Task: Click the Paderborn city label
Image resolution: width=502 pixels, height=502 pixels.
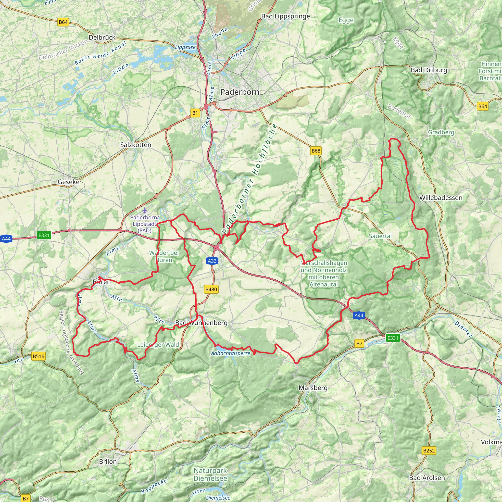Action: click(239, 92)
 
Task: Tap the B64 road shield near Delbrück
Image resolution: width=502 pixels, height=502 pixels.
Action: click(63, 22)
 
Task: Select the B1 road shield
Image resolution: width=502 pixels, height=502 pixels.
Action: click(195, 113)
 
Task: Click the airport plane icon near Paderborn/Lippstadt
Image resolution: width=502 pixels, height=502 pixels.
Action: click(145, 210)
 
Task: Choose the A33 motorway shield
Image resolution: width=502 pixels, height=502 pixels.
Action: click(212, 261)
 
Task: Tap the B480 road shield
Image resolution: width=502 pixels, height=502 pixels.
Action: click(211, 289)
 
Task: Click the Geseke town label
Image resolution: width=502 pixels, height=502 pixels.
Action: click(68, 182)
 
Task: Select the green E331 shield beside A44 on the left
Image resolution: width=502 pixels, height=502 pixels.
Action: click(44, 235)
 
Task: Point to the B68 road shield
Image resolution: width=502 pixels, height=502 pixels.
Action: click(316, 151)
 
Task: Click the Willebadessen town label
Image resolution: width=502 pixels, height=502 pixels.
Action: click(441, 198)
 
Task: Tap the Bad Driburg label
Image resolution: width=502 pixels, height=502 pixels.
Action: click(429, 70)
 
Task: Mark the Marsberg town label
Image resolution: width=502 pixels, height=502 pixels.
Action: click(313, 388)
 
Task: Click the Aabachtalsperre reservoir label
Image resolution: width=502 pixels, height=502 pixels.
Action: click(230, 353)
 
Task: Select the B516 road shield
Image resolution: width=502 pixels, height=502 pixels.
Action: click(38, 356)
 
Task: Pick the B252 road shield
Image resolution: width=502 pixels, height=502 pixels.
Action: click(429, 451)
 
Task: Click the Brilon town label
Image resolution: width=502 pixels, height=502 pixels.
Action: click(108, 462)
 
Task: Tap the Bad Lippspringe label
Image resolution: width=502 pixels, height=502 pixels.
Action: click(286, 16)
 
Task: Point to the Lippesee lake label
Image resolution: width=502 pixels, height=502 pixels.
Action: click(185, 47)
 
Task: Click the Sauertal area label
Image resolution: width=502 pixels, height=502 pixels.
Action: click(380, 236)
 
